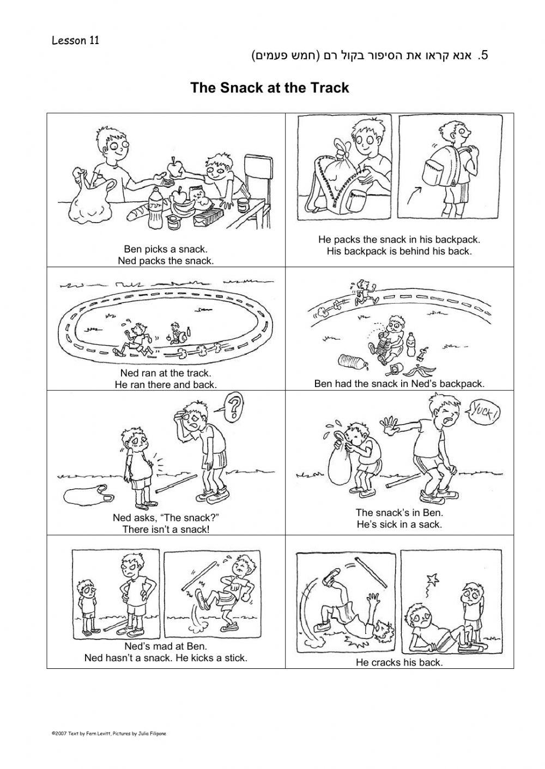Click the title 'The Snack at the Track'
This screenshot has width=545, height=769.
pyautogui.click(x=270, y=88)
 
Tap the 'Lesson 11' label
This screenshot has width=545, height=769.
pyautogui.click(x=75, y=40)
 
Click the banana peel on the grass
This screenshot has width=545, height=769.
pyautogui.click(x=420, y=370)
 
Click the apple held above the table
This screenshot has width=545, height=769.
pyautogui.click(x=174, y=168)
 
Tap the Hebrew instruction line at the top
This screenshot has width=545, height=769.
pyautogui.click(x=370, y=56)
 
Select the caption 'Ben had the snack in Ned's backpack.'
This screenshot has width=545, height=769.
pyautogui.click(x=399, y=384)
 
